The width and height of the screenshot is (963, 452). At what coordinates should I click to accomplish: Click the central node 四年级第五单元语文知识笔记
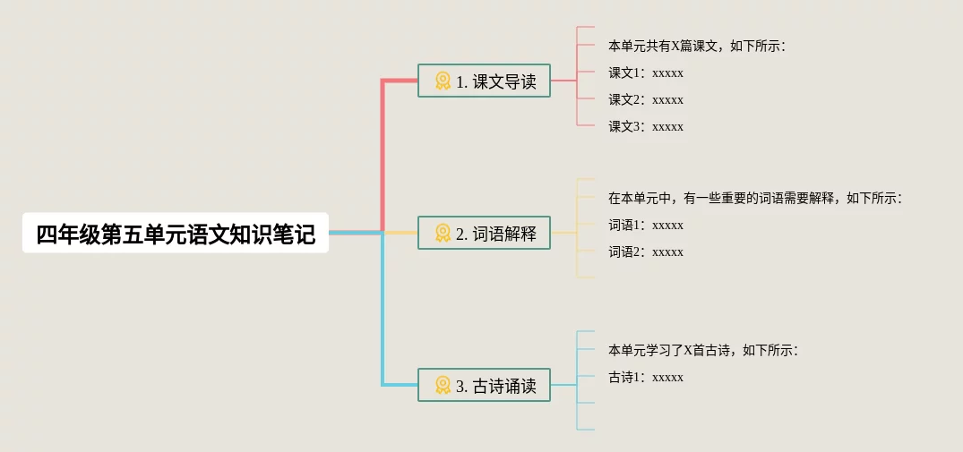click(x=176, y=234)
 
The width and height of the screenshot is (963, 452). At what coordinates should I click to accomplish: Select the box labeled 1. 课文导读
click(x=484, y=81)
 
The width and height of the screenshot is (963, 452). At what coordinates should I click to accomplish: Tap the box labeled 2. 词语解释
click(x=484, y=234)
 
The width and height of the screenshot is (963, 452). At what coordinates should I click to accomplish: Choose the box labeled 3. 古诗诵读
click(x=484, y=386)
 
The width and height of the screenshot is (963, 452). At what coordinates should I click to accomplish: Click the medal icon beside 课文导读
click(x=443, y=81)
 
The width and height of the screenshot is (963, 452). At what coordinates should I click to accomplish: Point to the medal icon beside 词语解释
click(x=443, y=234)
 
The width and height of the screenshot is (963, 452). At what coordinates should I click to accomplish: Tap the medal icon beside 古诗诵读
click(x=443, y=386)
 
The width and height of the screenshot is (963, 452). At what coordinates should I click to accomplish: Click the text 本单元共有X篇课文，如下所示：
click(x=696, y=46)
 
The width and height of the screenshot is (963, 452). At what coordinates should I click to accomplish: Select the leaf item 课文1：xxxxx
click(x=646, y=72)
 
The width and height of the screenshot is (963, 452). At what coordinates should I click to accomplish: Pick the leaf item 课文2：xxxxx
click(x=646, y=99)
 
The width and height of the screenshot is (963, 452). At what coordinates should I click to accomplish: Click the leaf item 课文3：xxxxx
click(x=646, y=126)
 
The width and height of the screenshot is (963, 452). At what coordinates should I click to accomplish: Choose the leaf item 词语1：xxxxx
click(x=646, y=225)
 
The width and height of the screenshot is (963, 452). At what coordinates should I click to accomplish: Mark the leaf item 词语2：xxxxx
click(x=646, y=252)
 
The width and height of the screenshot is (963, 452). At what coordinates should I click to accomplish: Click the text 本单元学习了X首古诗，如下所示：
click(x=702, y=350)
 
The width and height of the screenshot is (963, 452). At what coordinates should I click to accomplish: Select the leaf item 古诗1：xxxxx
click(x=646, y=377)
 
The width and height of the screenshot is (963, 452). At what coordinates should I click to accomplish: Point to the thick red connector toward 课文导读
click(x=383, y=152)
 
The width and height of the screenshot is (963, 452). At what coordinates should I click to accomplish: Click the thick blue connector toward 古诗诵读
click(x=383, y=313)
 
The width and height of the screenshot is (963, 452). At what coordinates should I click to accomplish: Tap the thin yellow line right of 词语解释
click(x=563, y=233)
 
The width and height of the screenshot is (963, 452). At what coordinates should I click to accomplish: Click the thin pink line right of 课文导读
click(x=563, y=81)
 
